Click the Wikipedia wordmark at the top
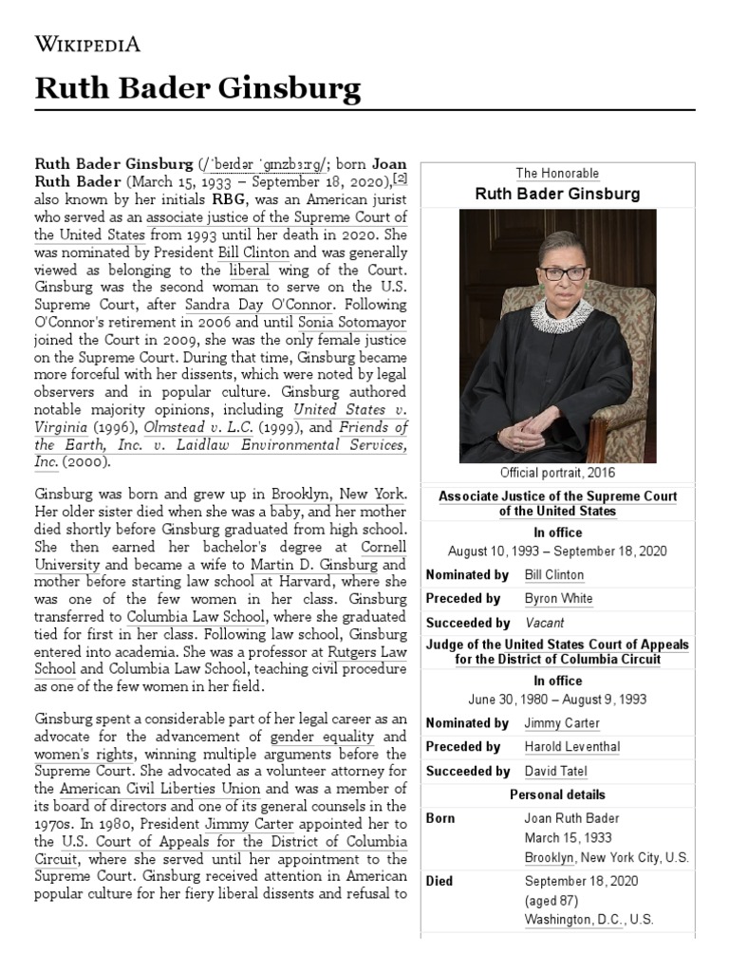(x=88, y=44)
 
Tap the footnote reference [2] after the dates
(x=402, y=178)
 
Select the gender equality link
(x=310, y=738)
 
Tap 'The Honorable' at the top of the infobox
(x=557, y=174)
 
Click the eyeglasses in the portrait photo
(x=565, y=273)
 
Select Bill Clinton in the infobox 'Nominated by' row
(x=554, y=575)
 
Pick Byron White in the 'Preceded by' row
(x=558, y=599)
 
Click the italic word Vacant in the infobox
(x=544, y=624)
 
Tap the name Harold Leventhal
(x=571, y=747)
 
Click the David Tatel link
(x=555, y=772)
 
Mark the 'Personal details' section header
(x=557, y=794)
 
